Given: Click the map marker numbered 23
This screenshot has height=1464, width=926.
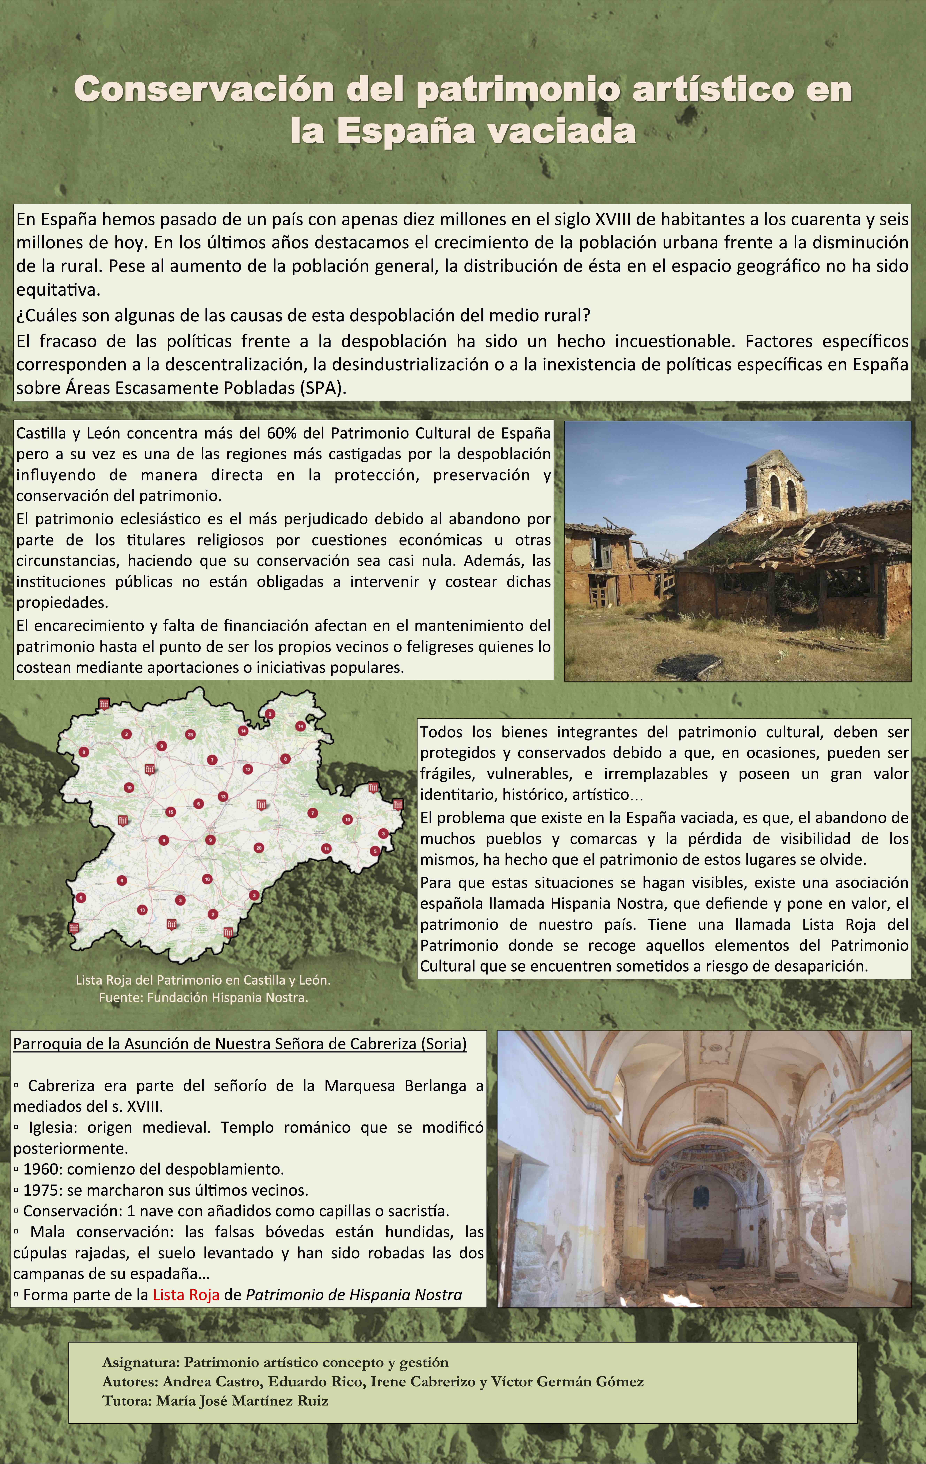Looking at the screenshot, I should [x=190, y=734].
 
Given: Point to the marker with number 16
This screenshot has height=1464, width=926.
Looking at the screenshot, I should [x=207, y=879].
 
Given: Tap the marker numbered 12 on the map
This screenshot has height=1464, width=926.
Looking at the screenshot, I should [x=247, y=769].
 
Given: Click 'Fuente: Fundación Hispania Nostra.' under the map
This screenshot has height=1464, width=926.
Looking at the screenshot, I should [x=203, y=998].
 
